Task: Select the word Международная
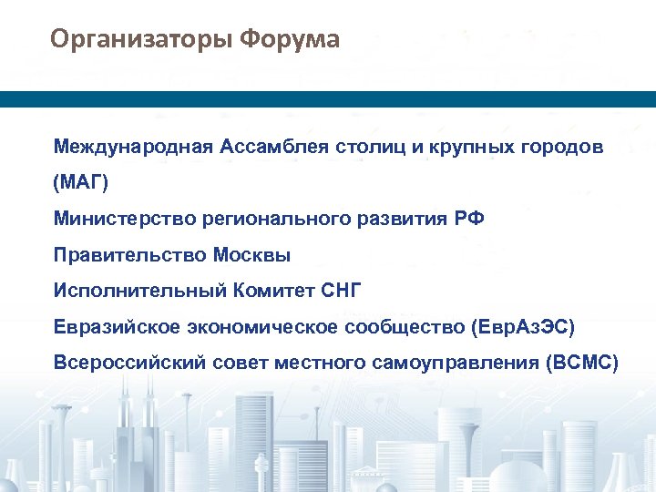132,147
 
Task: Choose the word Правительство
129,255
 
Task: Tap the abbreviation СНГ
343,291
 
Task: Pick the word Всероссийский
133,363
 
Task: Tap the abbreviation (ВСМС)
580,363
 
